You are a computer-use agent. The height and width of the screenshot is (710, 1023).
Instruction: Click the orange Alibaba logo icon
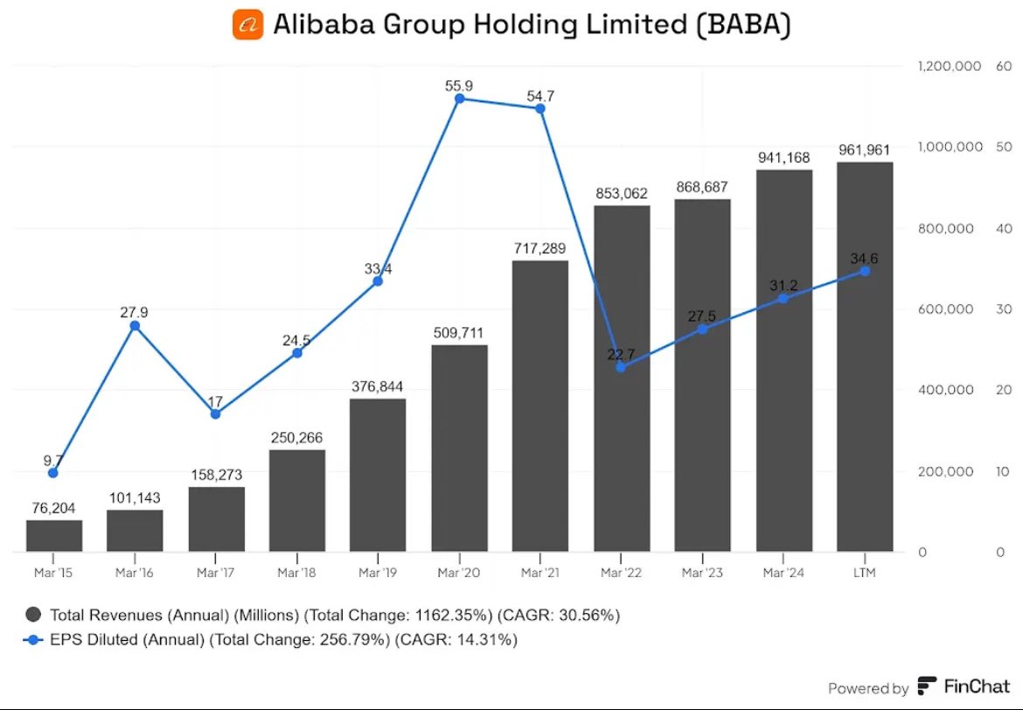tap(247, 24)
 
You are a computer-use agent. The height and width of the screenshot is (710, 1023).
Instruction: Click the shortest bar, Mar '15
tap(54, 536)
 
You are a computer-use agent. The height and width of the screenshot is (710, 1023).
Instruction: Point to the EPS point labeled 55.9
tap(459, 99)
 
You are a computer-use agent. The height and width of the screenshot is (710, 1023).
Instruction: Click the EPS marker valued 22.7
tap(621, 367)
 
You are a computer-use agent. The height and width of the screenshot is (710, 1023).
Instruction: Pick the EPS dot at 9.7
tap(54, 473)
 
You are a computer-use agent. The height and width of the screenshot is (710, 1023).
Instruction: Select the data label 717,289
tap(539, 250)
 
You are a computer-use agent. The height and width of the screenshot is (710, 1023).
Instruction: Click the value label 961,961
tap(864, 150)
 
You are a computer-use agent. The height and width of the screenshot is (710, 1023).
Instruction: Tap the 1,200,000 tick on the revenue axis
tap(950, 66)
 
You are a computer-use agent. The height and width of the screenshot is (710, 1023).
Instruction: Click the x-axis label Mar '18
tap(297, 574)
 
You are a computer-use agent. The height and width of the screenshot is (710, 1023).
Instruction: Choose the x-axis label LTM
tap(864, 574)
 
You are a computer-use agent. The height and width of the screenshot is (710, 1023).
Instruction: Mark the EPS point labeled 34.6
tap(864, 271)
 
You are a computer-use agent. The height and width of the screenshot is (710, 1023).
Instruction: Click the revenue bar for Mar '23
tap(702, 376)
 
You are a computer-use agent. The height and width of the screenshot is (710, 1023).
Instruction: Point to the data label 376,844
tap(378, 387)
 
